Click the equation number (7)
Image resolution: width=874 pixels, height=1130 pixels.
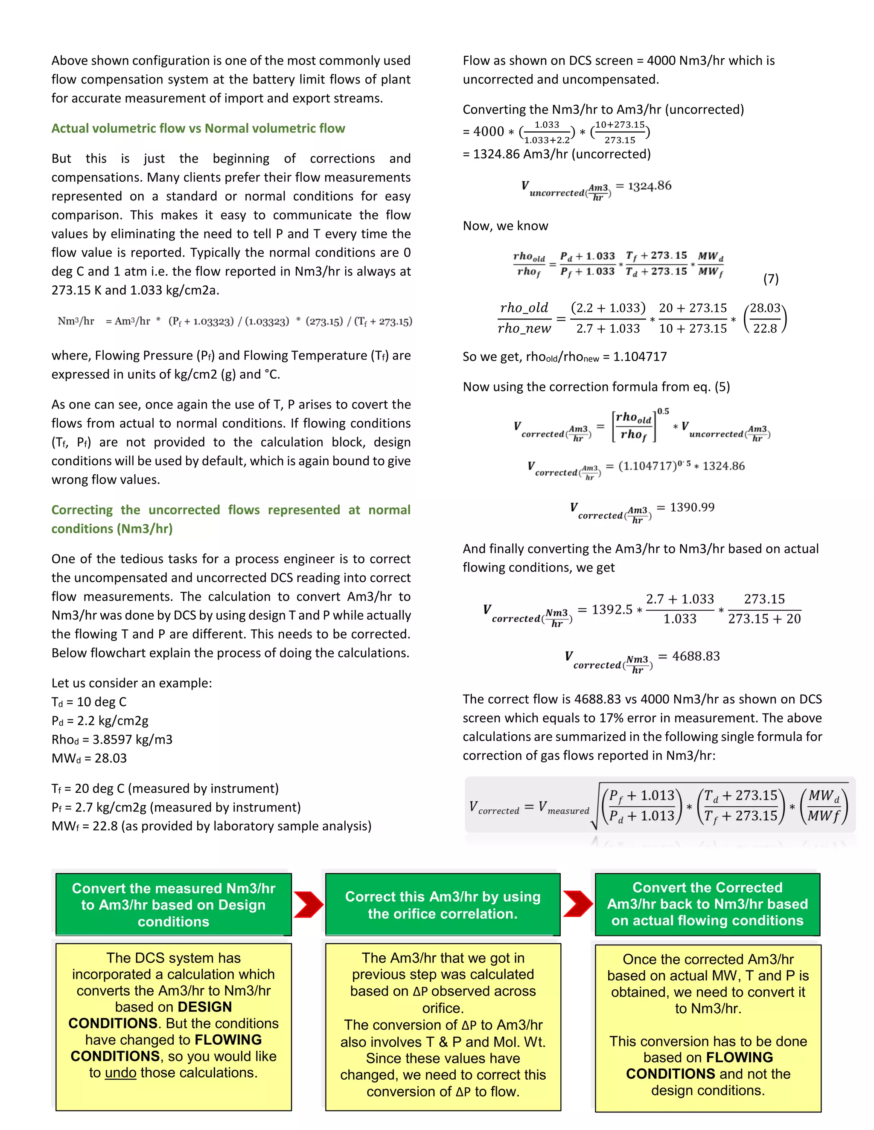click(x=770, y=279)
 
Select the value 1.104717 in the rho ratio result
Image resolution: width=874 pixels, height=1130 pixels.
click(x=640, y=356)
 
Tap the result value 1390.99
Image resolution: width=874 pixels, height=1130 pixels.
click(x=692, y=507)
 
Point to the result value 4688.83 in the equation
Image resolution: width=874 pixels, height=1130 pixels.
click(x=696, y=656)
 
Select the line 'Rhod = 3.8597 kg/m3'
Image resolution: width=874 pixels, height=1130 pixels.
click(x=112, y=740)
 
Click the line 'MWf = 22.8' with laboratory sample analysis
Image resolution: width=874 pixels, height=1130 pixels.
click(x=211, y=826)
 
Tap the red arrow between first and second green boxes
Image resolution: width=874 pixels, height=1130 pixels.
click(x=309, y=904)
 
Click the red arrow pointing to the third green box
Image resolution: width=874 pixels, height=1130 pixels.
click(x=578, y=904)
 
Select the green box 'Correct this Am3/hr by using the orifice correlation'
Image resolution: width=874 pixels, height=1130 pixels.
click(x=443, y=905)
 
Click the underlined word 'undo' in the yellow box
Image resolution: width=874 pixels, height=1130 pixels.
click(x=121, y=1073)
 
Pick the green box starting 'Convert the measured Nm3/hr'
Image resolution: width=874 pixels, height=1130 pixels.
click(x=173, y=905)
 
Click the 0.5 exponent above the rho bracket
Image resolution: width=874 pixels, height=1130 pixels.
click(x=663, y=411)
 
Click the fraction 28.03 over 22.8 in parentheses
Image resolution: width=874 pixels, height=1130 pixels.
click(x=765, y=318)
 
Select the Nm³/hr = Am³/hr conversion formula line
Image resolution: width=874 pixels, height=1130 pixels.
click(x=235, y=322)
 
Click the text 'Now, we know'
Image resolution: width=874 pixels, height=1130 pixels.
click(x=505, y=226)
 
